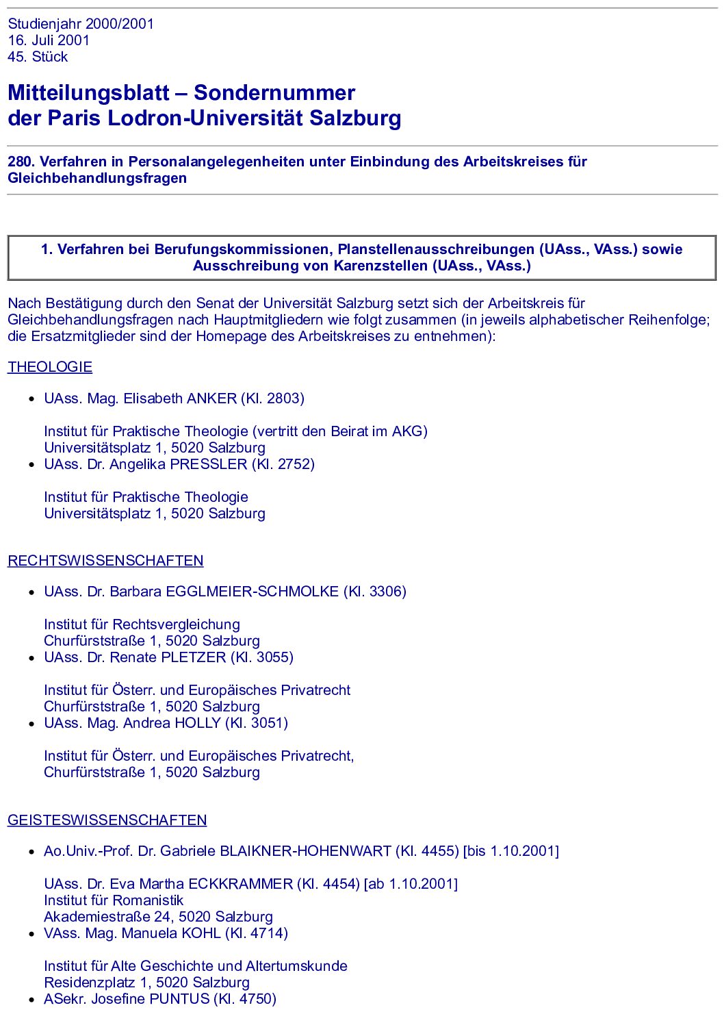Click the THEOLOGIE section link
click(50, 367)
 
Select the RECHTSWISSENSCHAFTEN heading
click(105, 561)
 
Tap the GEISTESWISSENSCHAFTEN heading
click(107, 820)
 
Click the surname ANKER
click(211, 398)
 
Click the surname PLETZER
click(193, 657)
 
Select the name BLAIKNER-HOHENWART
click(305, 851)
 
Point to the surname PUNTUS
click(179, 999)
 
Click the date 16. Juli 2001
click(49, 40)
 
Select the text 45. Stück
click(38, 57)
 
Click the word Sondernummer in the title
click(274, 92)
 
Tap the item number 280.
click(21, 162)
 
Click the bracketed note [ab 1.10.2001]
click(411, 884)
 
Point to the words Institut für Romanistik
click(114, 900)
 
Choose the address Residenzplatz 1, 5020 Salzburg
click(146, 983)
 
